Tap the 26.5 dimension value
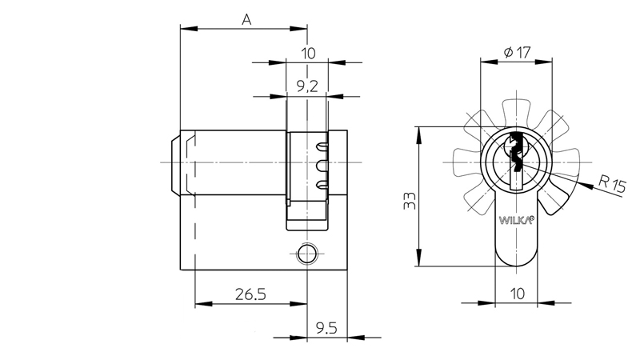click(x=250, y=294)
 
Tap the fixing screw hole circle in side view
click(x=305, y=254)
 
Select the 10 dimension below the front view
click(x=518, y=294)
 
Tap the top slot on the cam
click(x=322, y=147)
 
